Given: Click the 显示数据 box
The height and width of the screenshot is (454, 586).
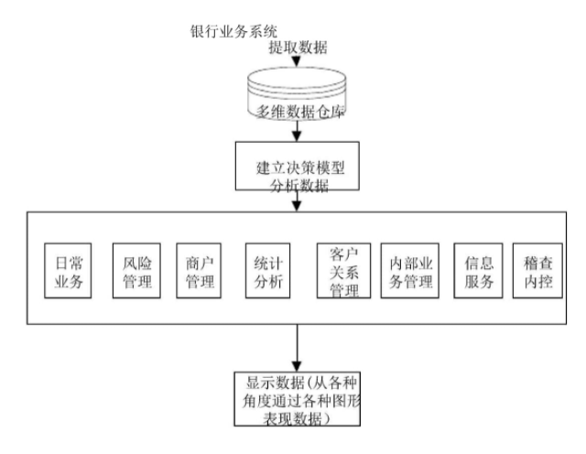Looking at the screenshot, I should coord(295,398).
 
